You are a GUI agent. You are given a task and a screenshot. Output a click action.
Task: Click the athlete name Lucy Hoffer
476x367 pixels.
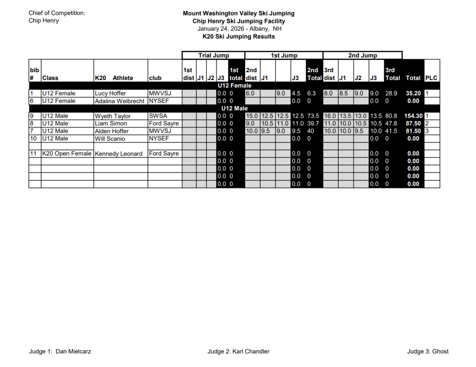click(110, 93)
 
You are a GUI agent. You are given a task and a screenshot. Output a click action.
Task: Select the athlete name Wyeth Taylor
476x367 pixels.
click(113, 116)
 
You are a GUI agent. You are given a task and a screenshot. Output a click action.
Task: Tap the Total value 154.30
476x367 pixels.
click(413, 116)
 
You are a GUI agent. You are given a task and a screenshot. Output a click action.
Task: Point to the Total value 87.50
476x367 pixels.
click(413, 123)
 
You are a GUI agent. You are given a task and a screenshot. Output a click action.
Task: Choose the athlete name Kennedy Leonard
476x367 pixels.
click(118, 154)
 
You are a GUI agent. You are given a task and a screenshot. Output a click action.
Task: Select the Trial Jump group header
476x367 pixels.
click(214, 55)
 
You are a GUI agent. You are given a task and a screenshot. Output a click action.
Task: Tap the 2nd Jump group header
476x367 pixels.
click(362, 55)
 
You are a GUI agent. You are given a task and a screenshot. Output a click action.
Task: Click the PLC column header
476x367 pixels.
click(431, 78)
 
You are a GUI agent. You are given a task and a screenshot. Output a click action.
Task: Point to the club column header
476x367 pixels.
click(155, 78)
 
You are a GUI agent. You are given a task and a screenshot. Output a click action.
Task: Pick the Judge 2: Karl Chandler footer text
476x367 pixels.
click(238, 352)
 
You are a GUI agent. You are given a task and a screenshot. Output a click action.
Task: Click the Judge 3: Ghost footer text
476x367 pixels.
click(428, 352)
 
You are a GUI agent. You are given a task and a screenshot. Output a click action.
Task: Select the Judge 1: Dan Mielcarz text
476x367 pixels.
click(60, 352)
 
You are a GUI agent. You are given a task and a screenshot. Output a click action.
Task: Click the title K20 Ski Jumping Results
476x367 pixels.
click(239, 36)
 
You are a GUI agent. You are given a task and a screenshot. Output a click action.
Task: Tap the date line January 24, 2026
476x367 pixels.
click(238, 29)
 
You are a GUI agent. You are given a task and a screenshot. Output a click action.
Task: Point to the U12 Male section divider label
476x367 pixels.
click(234, 109)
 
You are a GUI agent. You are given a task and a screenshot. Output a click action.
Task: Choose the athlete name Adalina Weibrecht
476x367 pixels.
click(120, 101)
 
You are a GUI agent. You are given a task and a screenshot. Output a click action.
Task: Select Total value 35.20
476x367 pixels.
click(413, 93)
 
